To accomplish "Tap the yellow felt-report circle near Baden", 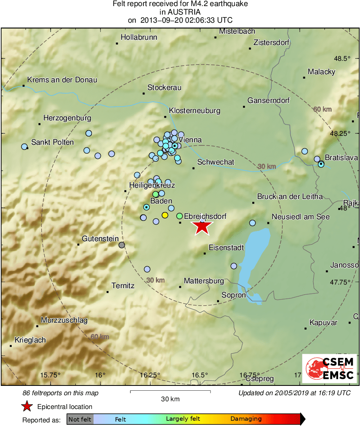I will (x=165, y=215).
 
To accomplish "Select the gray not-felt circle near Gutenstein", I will (x=121, y=245).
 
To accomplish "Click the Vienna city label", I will (x=190, y=140).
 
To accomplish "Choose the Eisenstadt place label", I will (x=226, y=247).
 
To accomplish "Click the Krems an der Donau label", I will (x=62, y=80).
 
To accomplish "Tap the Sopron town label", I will (x=234, y=295).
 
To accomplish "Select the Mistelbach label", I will (x=237, y=31).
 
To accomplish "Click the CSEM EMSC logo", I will (x=330, y=368).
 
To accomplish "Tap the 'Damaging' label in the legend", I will (x=246, y=419).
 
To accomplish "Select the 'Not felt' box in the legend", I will (x=80, y=419).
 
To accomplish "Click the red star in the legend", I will (x=27, y=407).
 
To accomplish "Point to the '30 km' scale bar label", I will (x=170, y=399).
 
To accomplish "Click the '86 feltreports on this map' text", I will (x=61, y=393).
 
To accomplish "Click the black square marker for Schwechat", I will (x=194, y=168).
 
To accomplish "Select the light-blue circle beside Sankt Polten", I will (x=24, y=146).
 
